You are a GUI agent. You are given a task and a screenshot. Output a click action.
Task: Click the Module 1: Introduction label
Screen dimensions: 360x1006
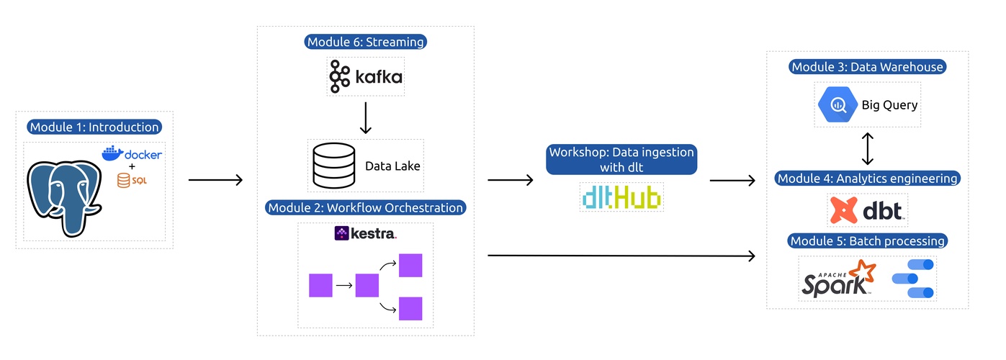[94, 127]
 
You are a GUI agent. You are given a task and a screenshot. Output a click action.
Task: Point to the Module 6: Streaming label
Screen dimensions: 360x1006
[366, 42]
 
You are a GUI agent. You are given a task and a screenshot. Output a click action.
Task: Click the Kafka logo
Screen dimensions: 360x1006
[366, 76]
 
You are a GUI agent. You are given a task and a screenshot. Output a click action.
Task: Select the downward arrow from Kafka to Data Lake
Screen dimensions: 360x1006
[365, 118]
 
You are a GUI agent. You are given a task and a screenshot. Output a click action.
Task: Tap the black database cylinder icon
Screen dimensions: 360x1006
[333, 166]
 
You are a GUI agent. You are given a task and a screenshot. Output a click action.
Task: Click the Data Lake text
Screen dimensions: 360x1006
[392, 166]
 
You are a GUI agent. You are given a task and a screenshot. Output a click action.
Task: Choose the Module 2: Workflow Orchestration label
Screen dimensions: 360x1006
[366, 207]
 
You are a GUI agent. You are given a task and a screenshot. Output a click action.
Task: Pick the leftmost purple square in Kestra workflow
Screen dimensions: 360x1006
[320, 285]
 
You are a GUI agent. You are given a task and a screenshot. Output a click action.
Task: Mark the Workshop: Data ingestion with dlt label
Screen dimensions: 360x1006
[621, 160]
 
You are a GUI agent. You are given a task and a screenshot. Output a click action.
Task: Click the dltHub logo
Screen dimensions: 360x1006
[621, 196]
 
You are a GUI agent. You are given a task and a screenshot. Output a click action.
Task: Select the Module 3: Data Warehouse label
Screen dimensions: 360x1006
[867, 67]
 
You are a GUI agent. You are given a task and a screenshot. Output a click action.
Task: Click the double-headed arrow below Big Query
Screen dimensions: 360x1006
[868, 148]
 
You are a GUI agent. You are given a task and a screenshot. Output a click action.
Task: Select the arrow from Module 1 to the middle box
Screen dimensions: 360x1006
[215, 179]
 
